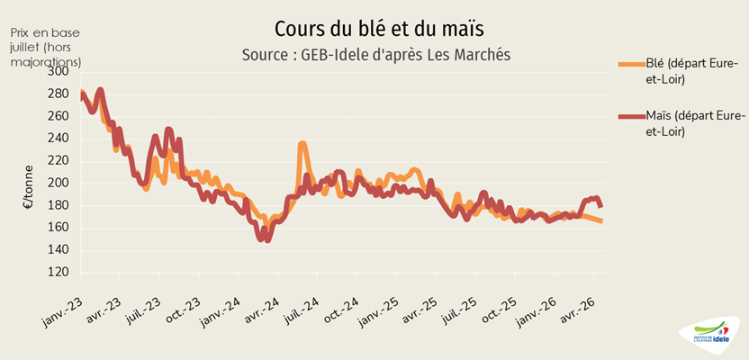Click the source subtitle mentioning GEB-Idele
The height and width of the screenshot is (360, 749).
coord(376,55)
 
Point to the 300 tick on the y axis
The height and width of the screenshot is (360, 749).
coord(57,71)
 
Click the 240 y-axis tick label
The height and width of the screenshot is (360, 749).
coord(57,138)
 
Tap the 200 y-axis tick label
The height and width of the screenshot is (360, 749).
coord(57,183)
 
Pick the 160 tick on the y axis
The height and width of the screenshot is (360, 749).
coord(57,227)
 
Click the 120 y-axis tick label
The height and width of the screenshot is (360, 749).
coord(57,271)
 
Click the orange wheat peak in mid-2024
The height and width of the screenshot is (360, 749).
coord(302,144)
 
